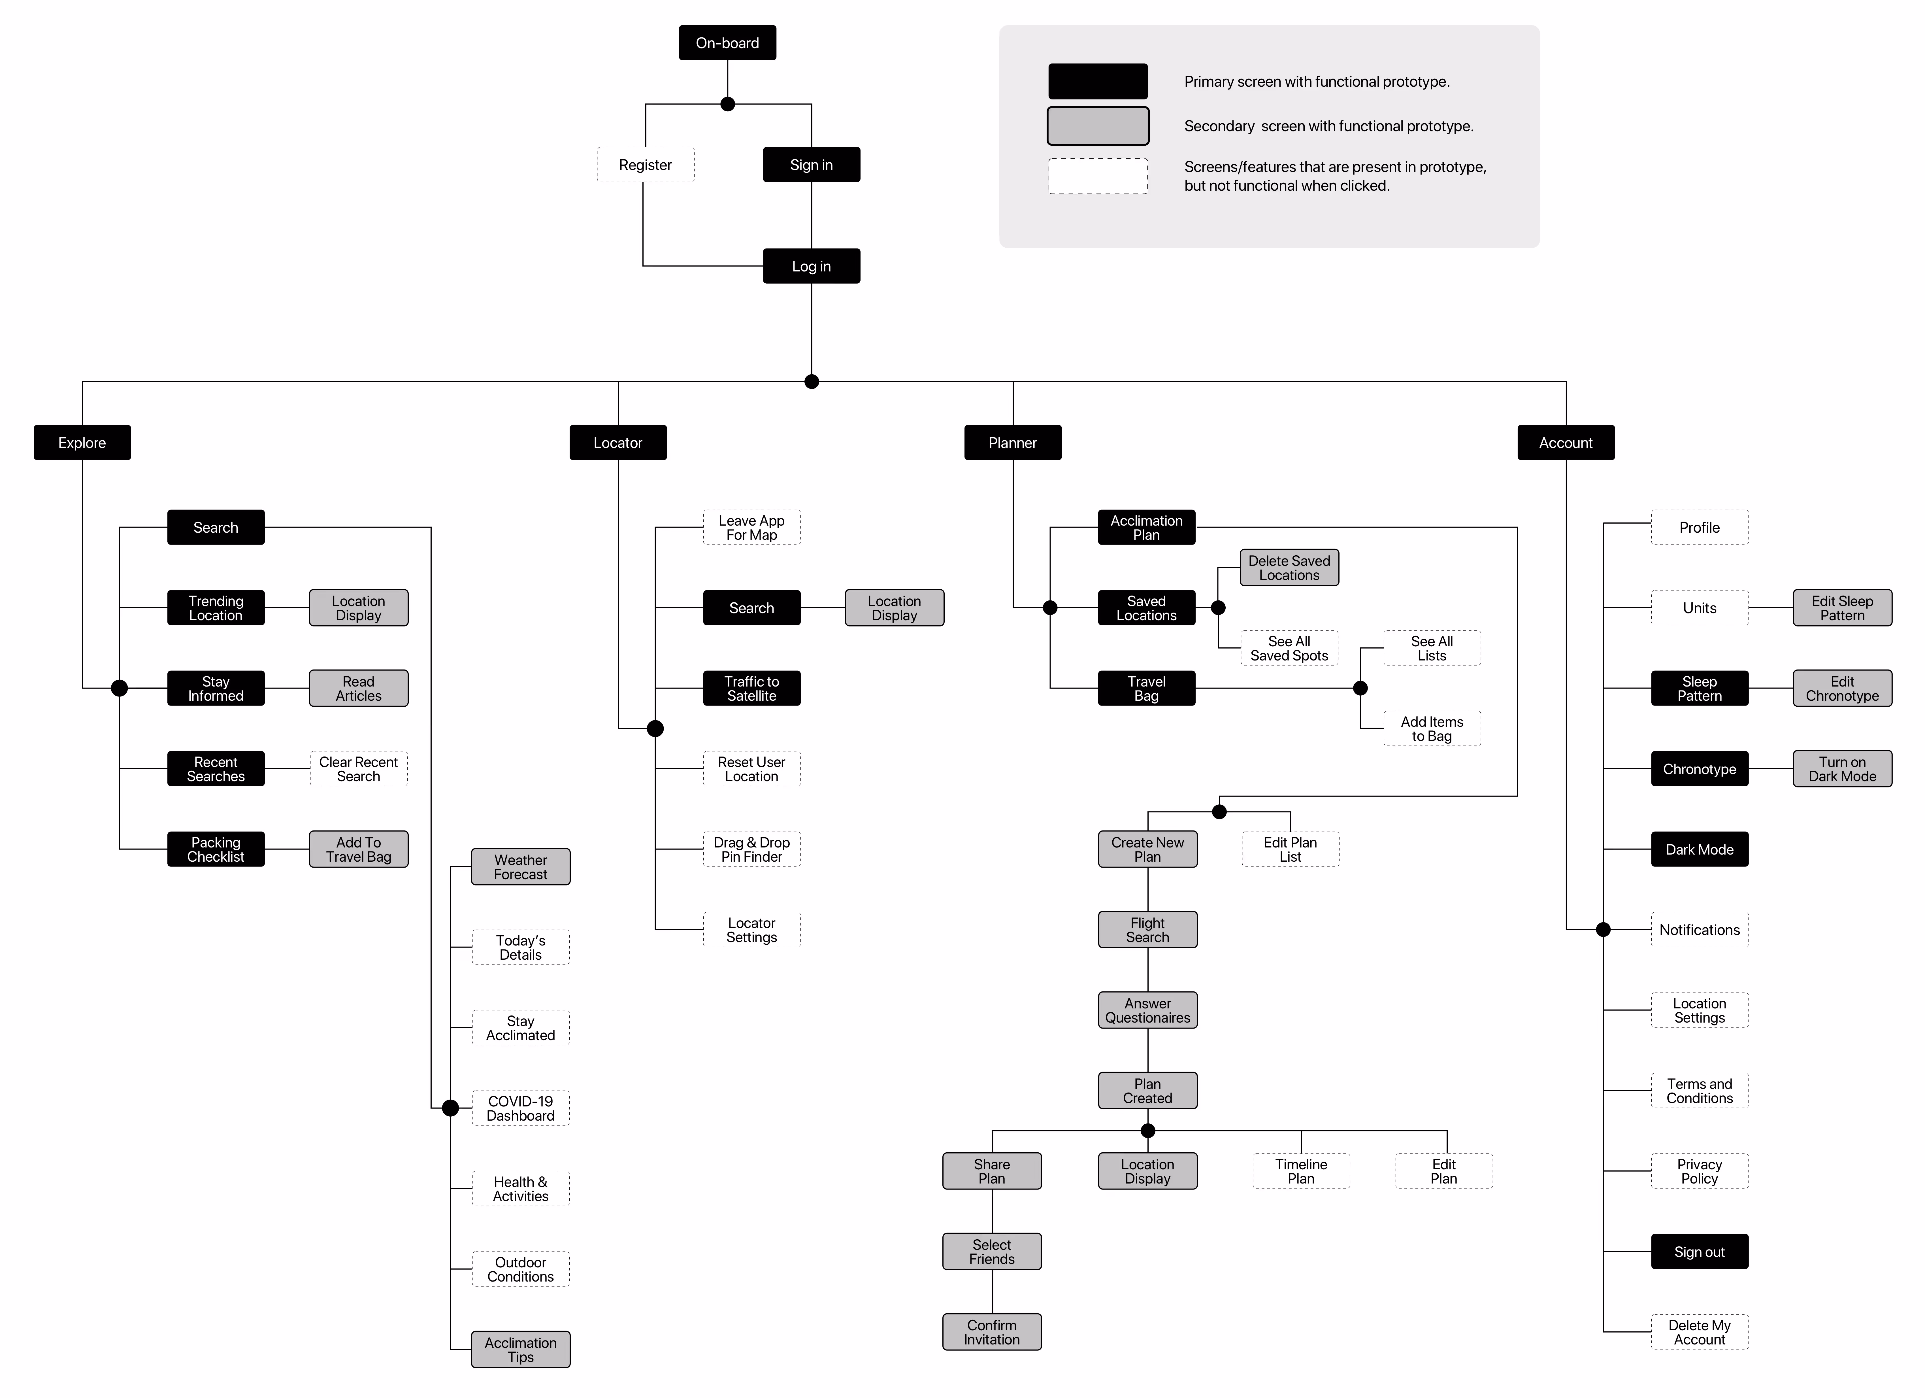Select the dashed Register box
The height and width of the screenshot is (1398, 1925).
(x=645, y=165)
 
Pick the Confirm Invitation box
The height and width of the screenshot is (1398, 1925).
(x=991, y=1332)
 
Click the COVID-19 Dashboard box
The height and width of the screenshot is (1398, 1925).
(x=520, y=1108)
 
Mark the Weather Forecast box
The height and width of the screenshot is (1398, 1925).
(x=520, y=867)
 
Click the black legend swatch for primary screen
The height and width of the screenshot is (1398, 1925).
(x=1097, y=82)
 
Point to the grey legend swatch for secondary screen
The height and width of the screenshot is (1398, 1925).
(x=1097, y=126)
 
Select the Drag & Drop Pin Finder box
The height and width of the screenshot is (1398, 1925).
(x=751, y=849)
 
